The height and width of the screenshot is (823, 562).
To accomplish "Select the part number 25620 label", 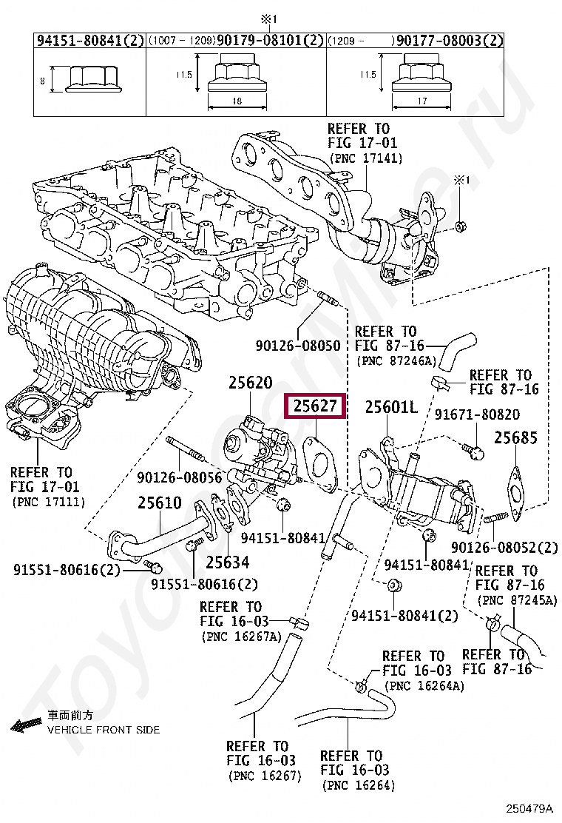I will pyautogui.click(x=250, y=383).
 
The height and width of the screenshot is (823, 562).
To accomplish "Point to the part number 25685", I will pyautogui.click(x=515, y=437).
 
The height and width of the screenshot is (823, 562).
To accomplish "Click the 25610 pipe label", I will pyautogui.click(x=159, y=503).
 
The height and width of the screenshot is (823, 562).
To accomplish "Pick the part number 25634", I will pyautogui.click(x=227, y=562).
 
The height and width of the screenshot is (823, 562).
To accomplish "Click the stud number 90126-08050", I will pyautogui.click(x=299, y=345).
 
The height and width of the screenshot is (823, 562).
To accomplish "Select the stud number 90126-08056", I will pyautogui.click(x=180, y=479).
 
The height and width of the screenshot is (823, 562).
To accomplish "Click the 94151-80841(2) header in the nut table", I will pyautogui.click(x=89, y=41).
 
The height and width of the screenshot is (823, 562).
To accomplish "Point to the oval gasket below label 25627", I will pyautogui.click(x=319, y=463).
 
